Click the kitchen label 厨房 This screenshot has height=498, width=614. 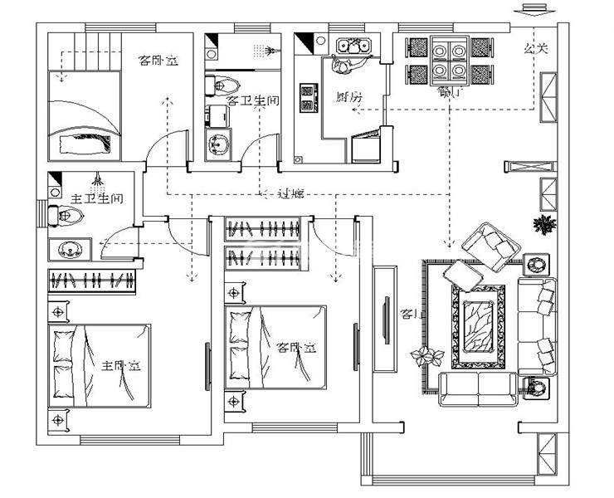coord(349,97)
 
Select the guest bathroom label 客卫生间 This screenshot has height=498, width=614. coord(252,100)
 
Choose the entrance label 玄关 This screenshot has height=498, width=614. coord(536,49)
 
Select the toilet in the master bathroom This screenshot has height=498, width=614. coord(68,216)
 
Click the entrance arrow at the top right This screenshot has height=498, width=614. coord(533,10)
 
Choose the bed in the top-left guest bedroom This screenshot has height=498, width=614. coord(84,116)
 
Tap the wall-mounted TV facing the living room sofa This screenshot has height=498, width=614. coord(384,319)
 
